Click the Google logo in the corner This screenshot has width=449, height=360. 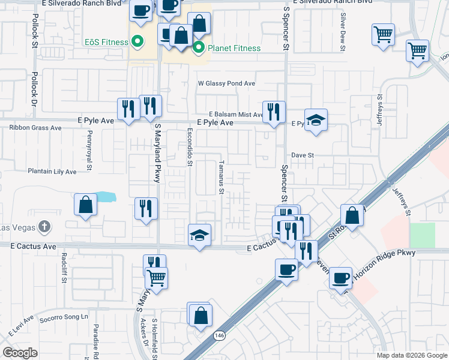click(20, 353)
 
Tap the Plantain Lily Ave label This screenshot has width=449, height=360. click(52, 172)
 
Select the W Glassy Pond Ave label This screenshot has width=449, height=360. click(228, 84)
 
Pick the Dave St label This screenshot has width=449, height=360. click(303, 155)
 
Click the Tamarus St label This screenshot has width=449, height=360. click(221, 178)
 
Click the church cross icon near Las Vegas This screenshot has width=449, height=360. click(43, 227)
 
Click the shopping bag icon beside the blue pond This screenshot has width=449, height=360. click(86, 205)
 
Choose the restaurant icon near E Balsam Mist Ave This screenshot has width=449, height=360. click(274, 111)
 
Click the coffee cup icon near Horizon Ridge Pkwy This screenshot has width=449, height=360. click(340, 277)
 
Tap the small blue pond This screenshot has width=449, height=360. click(104, 196)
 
